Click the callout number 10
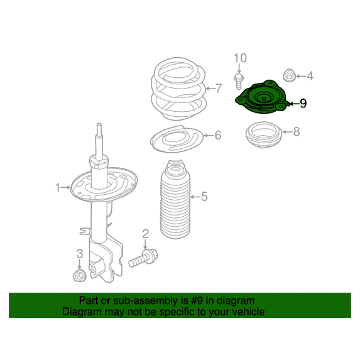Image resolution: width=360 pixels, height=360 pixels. coord(241,58)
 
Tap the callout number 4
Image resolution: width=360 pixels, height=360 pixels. coord(310,76)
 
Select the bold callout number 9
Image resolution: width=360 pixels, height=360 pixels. coord(303,104)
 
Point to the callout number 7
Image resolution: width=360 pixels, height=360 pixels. coord(219,88)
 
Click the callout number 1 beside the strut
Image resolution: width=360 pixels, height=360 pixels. coord(58,188)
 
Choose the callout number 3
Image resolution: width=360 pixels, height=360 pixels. coord(80,254)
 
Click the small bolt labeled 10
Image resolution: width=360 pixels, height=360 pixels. coord(239,82)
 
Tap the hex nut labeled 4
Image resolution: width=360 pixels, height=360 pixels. coord(289,75)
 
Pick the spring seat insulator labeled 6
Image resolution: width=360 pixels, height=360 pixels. coord(177,139)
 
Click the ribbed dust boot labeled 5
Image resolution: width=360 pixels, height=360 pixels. coord(175,199)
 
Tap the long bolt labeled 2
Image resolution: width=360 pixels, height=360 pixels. coord(144,258)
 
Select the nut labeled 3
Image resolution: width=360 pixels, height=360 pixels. coord(79,276)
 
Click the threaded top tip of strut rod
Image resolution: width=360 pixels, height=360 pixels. coord(99,126)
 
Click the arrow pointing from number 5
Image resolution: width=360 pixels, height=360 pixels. coord(195,197)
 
